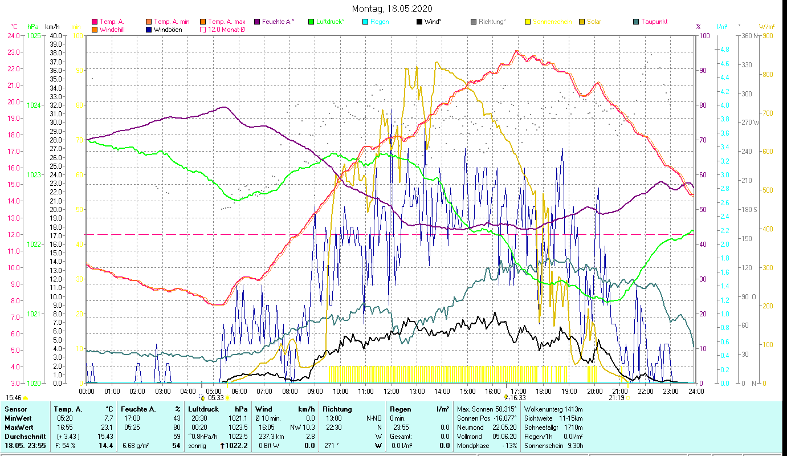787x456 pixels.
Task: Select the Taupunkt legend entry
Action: [654, 22]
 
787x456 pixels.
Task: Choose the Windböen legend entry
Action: [168, 30]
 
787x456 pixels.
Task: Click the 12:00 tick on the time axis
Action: [392, 392]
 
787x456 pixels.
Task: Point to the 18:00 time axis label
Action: [544, 392]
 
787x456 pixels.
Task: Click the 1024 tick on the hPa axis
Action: [34, 105]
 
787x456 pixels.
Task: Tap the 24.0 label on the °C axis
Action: [14, 35]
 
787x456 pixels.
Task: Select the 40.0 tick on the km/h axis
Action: [56, 35]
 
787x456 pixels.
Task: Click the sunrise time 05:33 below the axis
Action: [216, 398]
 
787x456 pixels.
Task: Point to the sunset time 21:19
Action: [616, 398]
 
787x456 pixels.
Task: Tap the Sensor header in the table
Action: [15, 409]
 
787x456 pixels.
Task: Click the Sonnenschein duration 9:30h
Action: [572, 446]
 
